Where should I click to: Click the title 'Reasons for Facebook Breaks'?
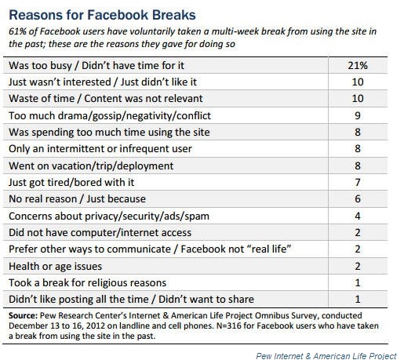(x=102, y=15)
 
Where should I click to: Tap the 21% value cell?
(x=358, y=65)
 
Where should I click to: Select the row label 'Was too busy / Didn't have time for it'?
(x=96, y=65)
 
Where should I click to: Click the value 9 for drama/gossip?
(x=358, y=115)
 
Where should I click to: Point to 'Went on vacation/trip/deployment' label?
(x=91, y=165)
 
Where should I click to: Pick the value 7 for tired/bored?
(x=358, y=182)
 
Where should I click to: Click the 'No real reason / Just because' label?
(x=77, y=199)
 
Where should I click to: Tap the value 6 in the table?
(x=358, y=199)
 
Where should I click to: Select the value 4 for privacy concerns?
(x=358, y=216)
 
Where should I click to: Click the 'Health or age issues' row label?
(x=55, y=266)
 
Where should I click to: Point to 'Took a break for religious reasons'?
(x=87, y=282)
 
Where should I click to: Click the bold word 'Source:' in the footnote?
(x=24, y=315)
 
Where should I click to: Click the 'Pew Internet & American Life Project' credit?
(x=326, y=356)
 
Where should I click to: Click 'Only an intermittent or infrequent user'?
(x=100, y=149)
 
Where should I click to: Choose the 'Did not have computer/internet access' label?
(x=100, y=233)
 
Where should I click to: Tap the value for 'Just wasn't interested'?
(x=358, y=82)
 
